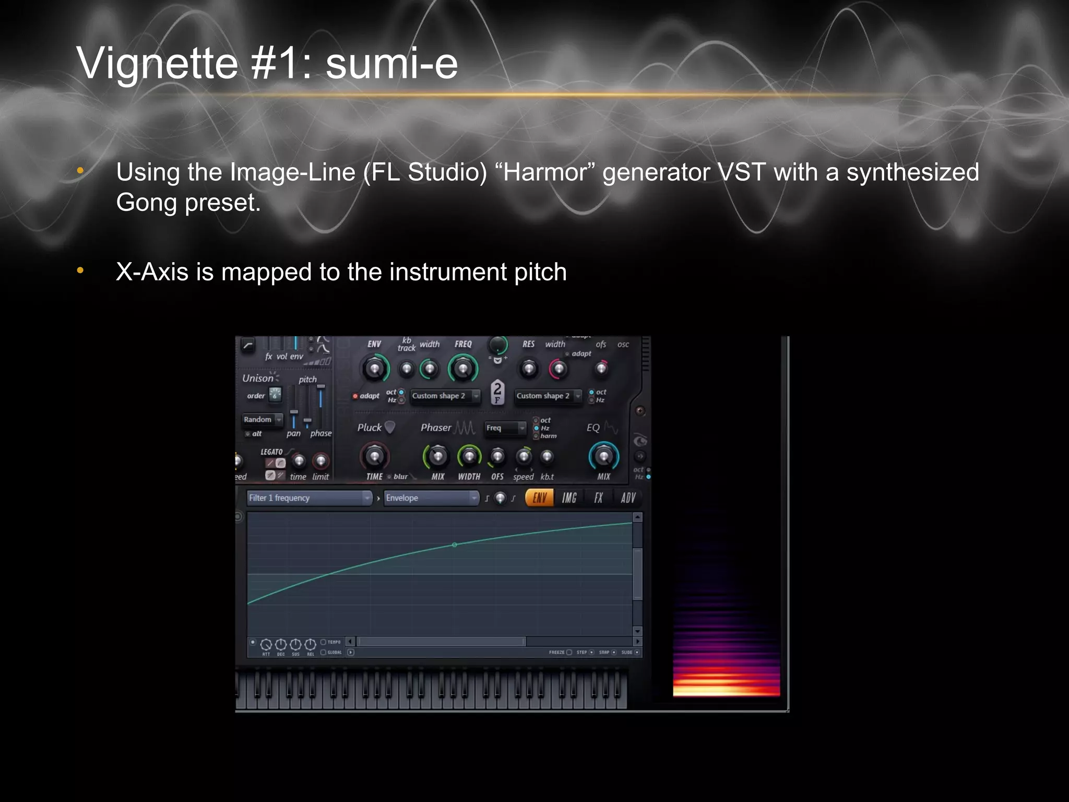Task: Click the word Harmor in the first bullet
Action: click(550, 172)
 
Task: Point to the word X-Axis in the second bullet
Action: click(152, 272)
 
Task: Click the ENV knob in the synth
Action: click(374, 369)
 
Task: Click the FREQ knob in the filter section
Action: click(462, 369)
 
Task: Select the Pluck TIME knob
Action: click(374, 457)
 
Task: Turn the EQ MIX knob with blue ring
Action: click(603, 457)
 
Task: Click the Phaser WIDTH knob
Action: click(469, 457)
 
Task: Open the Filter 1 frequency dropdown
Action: click(309, 498)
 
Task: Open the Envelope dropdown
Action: click(431, 498)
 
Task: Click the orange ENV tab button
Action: click(539, 498)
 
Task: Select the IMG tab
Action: click(569, 498)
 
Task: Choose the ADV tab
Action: click(628, 498)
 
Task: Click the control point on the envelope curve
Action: click(454, 545)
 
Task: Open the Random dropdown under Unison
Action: click(263, 419)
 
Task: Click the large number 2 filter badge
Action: click(497, 391)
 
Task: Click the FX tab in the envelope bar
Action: click(598, 498)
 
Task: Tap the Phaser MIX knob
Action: click(437, 457)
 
